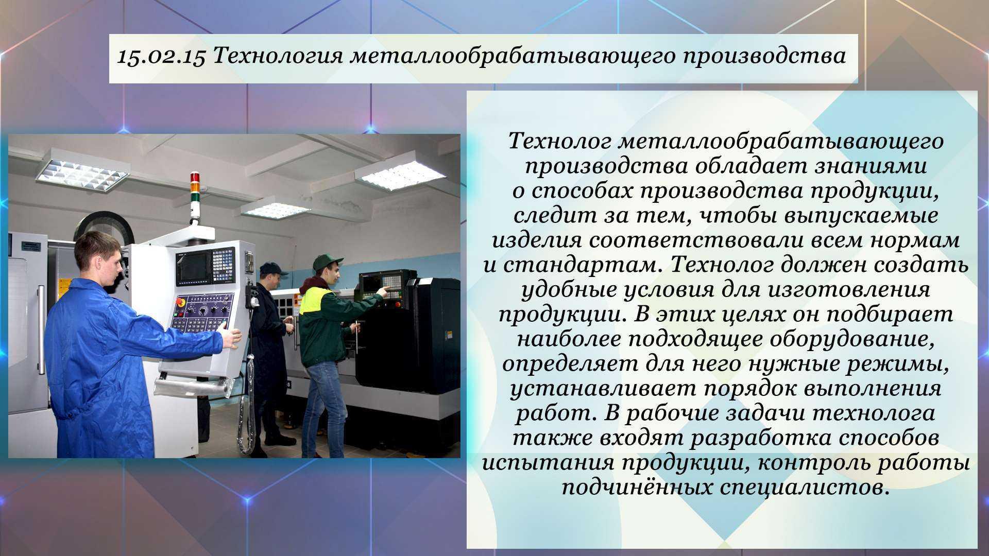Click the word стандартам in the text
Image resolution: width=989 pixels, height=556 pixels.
click(584, 265)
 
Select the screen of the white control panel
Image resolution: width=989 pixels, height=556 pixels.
click(193, 267)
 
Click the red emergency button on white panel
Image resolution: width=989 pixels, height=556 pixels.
click(181, 301)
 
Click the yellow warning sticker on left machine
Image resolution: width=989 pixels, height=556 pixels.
click(63, 287)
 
